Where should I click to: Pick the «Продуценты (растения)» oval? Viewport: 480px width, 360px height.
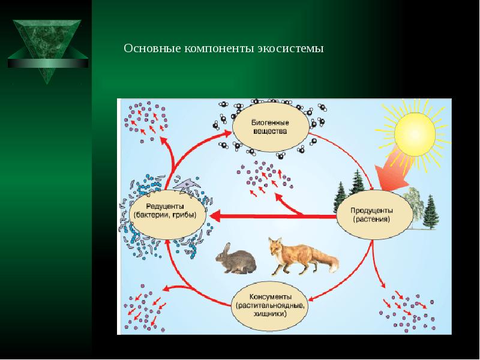tap(371, 215)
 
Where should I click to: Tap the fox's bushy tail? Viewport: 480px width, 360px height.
tap(328, 262)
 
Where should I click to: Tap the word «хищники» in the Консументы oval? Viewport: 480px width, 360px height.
tap(269, 313)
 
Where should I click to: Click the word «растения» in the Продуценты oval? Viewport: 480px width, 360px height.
tap(371, 219)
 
